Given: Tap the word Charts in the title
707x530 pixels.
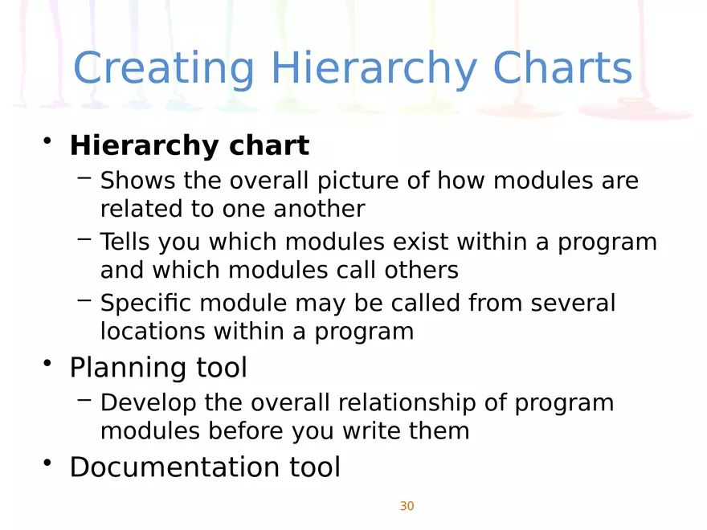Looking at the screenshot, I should coord(562,68).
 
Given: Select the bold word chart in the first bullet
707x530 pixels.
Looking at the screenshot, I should coord(269,146).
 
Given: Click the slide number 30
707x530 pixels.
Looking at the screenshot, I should coord(407,506).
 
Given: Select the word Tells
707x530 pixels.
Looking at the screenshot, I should coord(125,242).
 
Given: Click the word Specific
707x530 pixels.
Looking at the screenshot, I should coord(145,304).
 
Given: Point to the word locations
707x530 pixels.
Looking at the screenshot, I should coord(146,331).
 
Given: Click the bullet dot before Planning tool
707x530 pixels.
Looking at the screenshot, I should coord(49,365).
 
